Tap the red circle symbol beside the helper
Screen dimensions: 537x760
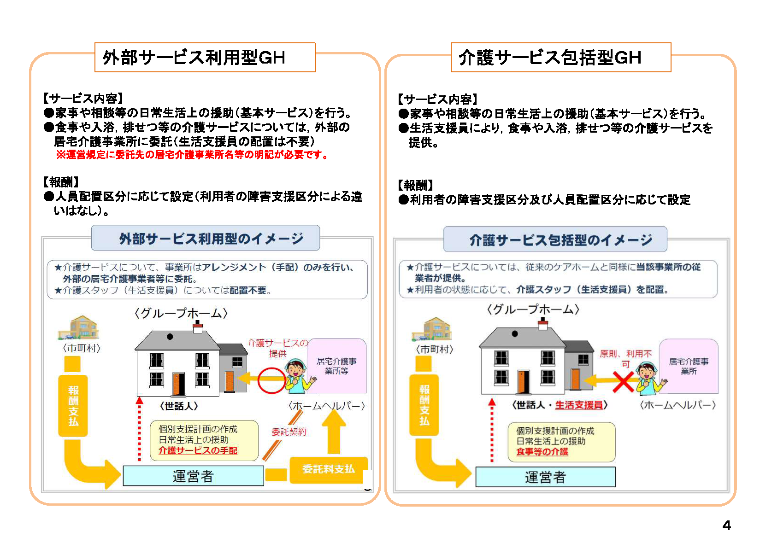click(271, 380)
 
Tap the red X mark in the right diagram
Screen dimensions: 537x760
click(623, 382)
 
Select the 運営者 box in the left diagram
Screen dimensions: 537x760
click(193, 476)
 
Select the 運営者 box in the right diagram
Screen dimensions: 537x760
click(545, 477)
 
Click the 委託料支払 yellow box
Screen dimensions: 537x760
click(329, 469)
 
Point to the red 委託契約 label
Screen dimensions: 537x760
click(289, 432)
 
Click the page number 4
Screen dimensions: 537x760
click(726, 525)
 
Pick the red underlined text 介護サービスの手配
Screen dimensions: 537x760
click(198, 450)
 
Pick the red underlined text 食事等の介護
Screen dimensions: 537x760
click(542, 452)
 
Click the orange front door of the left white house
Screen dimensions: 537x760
click(178, 384)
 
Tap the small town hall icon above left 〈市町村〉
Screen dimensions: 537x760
click(78, 327)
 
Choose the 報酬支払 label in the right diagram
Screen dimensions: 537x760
click(424, 405)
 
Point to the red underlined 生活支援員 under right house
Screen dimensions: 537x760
click(579, 405)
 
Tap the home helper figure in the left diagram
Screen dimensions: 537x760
click(298, 375)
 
